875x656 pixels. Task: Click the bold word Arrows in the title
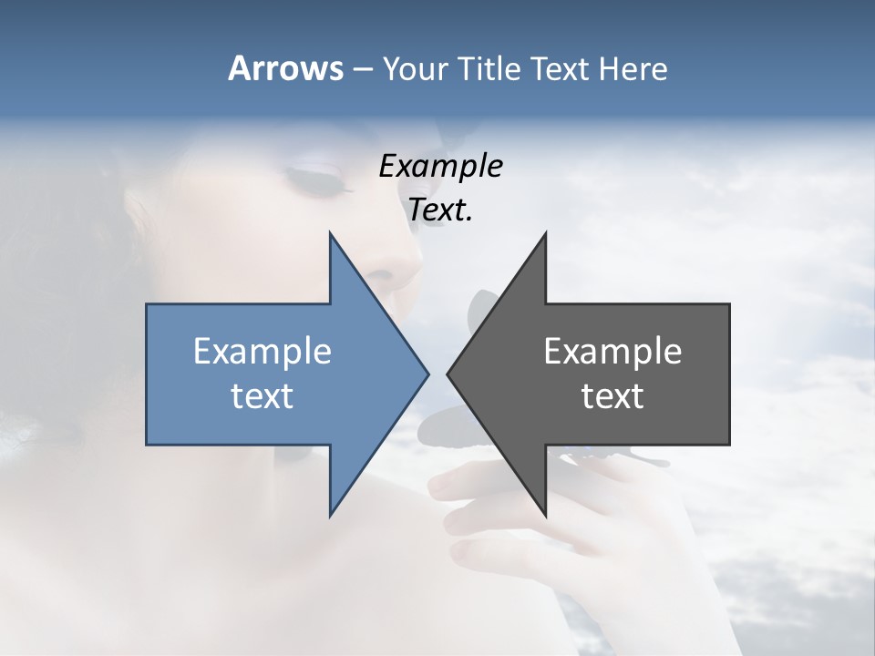click(285, 68)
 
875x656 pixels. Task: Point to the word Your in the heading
click(413, 68)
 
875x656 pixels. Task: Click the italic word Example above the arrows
click(440, 166)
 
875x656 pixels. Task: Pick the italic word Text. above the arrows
click(440, 210)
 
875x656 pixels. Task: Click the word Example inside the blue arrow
click(262, 351)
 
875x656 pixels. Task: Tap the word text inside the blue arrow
click(262, 395)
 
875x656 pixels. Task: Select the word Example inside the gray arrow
click(612, 351)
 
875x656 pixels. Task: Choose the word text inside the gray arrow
click(612, 395)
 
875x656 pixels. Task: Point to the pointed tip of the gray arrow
click(448, 374)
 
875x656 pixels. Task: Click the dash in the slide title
click(362, 68)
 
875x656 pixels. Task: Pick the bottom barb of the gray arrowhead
click(545, 513)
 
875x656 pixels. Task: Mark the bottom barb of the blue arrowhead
click(331, 513)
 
